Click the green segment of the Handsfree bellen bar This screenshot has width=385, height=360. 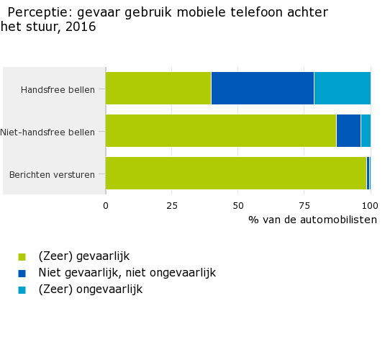(x=158, y=88)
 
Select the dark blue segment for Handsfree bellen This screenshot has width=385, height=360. (x=263, y=88)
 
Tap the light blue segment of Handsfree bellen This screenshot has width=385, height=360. (x=342, y=88)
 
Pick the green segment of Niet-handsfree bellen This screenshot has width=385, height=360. (x=221, y=130)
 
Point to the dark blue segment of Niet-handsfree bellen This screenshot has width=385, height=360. (x=348, y=130)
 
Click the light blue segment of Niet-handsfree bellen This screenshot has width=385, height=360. (x=366, y=130)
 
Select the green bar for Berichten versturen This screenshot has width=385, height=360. (x=236, y=173)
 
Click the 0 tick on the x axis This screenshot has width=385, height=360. (x=106, y=205)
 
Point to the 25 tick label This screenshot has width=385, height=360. (x=171, y=205)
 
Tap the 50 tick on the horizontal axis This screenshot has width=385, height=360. (x=238, y=205)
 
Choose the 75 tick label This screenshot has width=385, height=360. (x=304, y=205)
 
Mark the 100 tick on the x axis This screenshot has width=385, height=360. (x=370, y=205)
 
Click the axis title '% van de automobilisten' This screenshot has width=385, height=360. (x=312, y=220)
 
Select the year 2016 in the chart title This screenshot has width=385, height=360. (x=81, y=27)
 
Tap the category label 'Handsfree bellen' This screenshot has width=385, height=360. (x=63, y=90)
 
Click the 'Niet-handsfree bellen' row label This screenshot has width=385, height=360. (x=53, y=132)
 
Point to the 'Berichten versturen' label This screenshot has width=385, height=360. (x=56, y=175)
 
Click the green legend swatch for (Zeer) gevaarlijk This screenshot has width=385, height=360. (x=22, y=256)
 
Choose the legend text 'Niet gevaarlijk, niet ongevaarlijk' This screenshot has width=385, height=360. (x=127, y=273)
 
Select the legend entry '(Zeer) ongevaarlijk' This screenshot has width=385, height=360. (x=90, y=289)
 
